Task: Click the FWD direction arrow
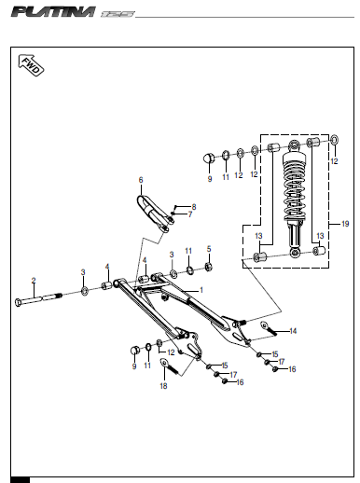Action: click(31, 65)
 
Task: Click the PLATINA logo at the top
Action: click(53, 12)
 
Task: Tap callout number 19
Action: click(345, 224)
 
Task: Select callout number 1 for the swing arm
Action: click(201, 290)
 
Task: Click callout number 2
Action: click(34, 281)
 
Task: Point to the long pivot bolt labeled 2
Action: click(38, 299)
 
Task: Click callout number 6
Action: click(141, 180)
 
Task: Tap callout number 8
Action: click(194, 207)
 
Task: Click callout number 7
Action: click(190, 214)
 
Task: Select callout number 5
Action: click(209, 249)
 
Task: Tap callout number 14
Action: click(293, 331)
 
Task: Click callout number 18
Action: click(163, 386)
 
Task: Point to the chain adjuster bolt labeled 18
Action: click(169, 366)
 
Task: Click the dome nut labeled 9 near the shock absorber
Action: click(209, 159)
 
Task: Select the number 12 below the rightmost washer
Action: click(334, 161)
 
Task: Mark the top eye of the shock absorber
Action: click(294, 145)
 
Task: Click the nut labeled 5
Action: click(209, 267)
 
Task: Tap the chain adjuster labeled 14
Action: click(269, 328)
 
